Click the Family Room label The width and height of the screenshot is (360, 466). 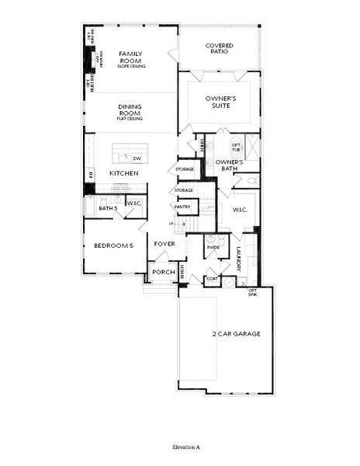coord(130,57)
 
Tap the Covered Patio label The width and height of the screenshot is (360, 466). coord(220,50)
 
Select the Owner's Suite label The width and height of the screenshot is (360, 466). coord(220,102)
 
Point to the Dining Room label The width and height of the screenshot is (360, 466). coord(130,110)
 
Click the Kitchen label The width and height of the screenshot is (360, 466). coord(123,172)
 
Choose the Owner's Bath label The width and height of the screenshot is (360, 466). coord(230,165)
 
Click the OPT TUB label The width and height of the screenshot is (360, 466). coord(236,147)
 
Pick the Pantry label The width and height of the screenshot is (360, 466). coord(182,207)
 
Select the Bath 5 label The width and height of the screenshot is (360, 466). coord(107,209)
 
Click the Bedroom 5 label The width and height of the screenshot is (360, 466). coord(114,245)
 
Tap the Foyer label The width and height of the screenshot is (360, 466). coord(164,244)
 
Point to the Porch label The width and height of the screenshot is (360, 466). coord(163,272)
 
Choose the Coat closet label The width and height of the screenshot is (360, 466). coord(212,279)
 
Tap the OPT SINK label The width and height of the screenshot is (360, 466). coord(253,292)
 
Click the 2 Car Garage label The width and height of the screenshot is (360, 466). coord(236,334)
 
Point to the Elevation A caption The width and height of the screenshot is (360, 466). coord(186,448)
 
